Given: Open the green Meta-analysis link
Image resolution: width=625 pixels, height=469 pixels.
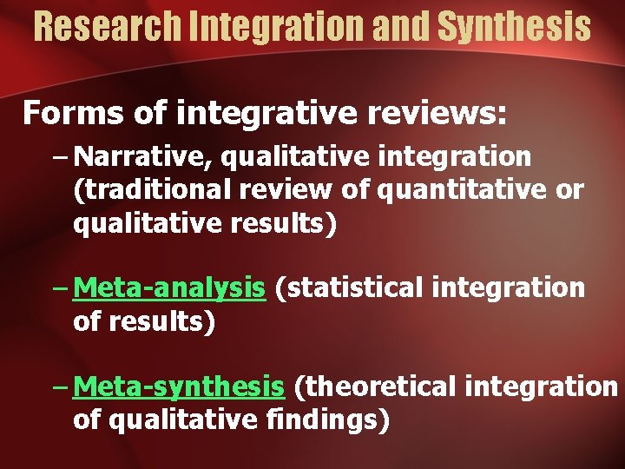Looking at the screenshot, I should [x=169, y=287].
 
